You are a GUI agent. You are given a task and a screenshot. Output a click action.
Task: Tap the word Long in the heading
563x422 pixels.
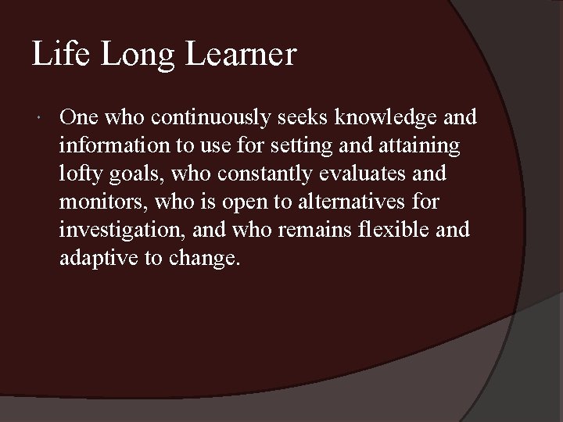pyautogui.click(x=133, y=55)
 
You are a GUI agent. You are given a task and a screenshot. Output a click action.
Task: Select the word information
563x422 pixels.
pyautogui.click(x=109, y=145)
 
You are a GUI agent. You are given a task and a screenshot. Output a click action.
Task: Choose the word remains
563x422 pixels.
pyautogui.click(x=317, y=230)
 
